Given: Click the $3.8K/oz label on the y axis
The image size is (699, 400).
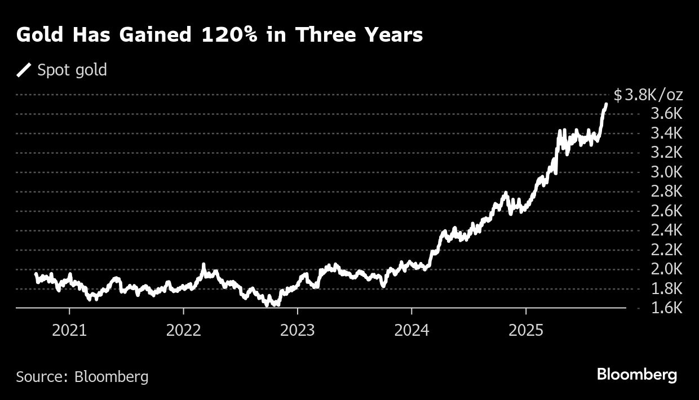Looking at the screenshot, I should [648, 95].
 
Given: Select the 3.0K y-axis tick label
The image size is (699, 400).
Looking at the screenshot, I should [666, 172].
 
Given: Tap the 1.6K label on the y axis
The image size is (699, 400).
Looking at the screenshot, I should [666, 308].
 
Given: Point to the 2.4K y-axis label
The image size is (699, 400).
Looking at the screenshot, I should [666, 230].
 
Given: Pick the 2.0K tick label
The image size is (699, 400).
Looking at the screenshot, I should [666, 269].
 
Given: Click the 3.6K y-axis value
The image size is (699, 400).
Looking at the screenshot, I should [666, 114].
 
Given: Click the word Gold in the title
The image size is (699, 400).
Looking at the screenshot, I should [38, 35].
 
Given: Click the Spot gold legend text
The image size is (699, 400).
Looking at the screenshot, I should [72, 70].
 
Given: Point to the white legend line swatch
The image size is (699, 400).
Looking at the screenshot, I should [24, 70].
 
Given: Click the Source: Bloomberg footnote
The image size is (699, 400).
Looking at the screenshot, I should [82, 376].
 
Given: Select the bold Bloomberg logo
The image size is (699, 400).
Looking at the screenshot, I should [637, 375].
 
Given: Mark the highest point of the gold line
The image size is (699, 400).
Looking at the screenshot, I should [606, 104].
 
